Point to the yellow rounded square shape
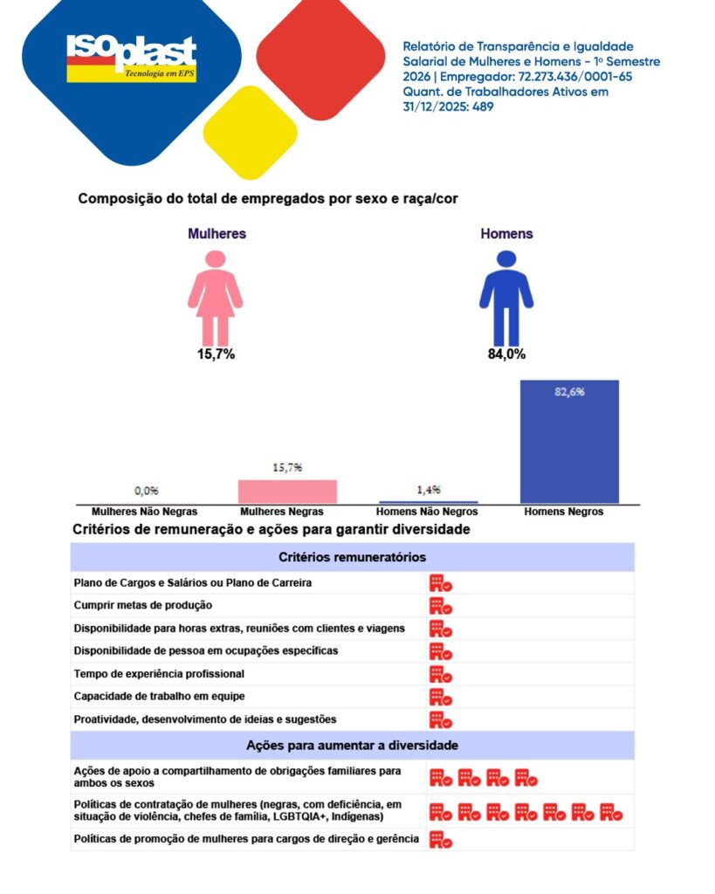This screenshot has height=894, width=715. (251, 133)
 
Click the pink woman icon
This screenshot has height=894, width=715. (215, 298)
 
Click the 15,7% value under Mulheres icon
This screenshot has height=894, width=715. (215, 354)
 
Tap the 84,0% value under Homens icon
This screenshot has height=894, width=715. (506, 354)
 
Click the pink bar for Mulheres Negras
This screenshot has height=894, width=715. (287, 492)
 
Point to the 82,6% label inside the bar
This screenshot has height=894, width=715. (569, 392)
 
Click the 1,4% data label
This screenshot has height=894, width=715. (428, 490)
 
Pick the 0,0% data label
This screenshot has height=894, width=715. (145, 491)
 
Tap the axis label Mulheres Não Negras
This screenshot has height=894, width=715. (145, 512)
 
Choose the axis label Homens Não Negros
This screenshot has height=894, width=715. (427, 512)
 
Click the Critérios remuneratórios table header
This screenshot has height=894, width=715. (353, 557)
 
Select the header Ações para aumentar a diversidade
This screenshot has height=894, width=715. (353, 746)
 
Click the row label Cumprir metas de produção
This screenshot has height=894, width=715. (143, 605)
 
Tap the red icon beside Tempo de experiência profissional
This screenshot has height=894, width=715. (440, 674)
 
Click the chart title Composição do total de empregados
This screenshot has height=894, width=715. (268, 199)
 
